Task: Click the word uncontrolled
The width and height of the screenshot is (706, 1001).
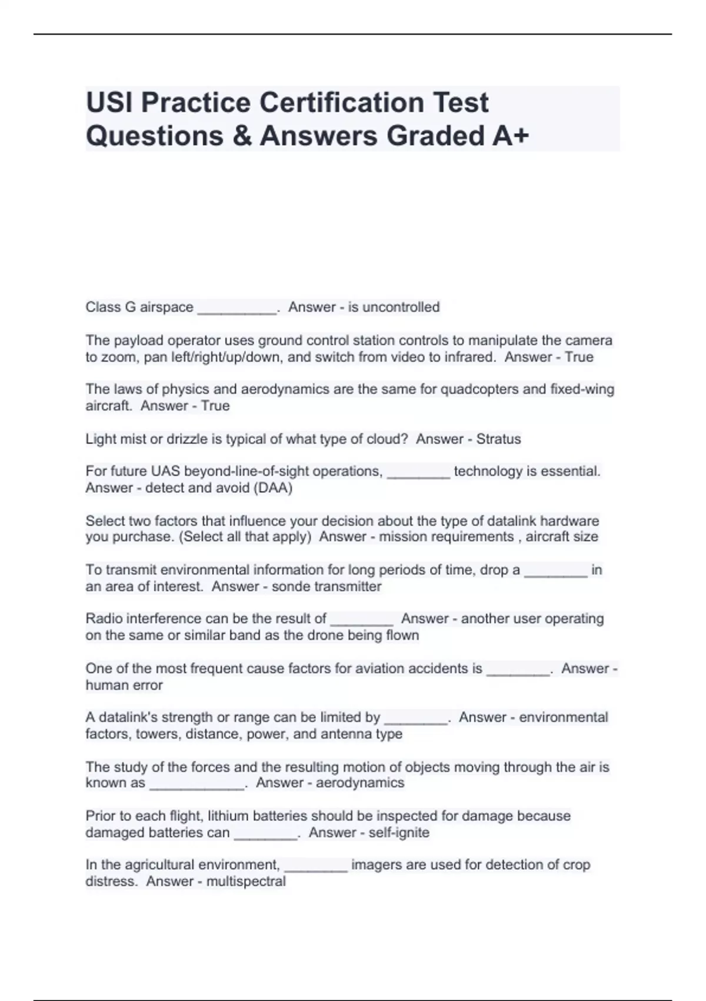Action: coord(401,307)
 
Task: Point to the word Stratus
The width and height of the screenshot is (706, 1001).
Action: coord(498,439)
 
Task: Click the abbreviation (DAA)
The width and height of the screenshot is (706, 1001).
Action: coord(272,488)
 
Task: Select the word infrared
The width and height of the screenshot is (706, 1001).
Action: coord(471,357)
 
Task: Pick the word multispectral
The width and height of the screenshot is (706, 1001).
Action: coord(246,881)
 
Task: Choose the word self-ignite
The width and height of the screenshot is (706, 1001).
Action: coord(399,833)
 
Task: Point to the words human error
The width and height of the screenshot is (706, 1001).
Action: coord(124,685)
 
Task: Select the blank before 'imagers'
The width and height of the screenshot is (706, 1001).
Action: coord(316,869)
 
